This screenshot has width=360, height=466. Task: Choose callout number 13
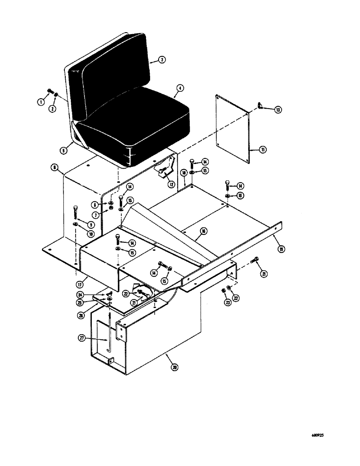(278, 110)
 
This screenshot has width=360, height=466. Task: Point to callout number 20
(174, 367)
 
